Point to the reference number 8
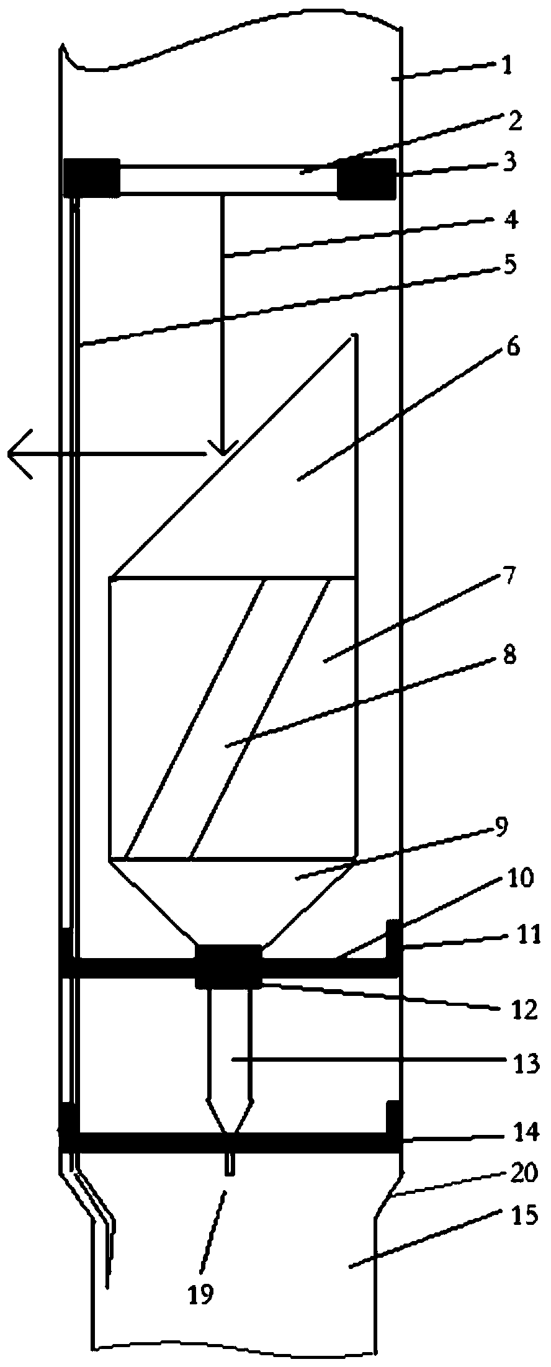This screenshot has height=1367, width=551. pos(509,655)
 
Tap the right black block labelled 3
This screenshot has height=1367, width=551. pos(366,179)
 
